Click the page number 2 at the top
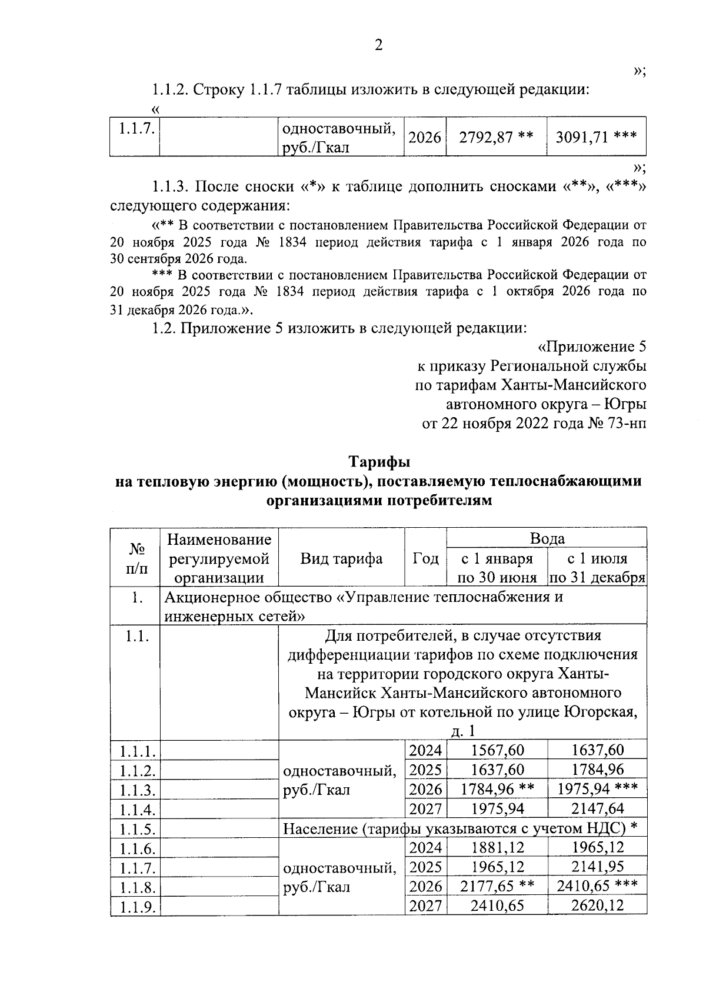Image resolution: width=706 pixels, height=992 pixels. point(378,45)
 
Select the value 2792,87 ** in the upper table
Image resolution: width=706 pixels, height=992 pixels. point(496,137)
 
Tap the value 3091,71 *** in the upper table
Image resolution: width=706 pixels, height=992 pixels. point(596,137)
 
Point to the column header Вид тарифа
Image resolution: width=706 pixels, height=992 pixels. point(341,558)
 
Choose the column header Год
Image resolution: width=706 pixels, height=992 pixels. point(425,558)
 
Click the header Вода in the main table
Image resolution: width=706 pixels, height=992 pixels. point(547,538)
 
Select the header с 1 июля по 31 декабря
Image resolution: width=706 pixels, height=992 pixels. point(597,568)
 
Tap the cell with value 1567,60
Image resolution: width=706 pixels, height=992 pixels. point(497,750)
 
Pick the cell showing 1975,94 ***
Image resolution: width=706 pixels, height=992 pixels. point(597,789)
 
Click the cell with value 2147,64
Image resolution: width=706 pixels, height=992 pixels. point(597,808)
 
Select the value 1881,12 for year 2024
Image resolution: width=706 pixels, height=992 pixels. point(497,847)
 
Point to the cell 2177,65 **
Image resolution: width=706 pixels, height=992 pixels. point(497,886)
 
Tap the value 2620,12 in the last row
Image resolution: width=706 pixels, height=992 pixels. point(597,906)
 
